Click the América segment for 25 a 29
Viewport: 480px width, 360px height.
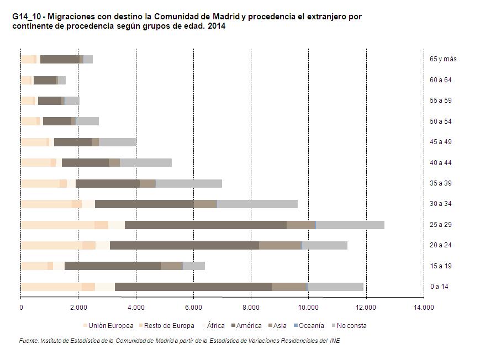(x=205, y=225)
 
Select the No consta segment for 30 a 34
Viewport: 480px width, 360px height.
(x=257, y=204)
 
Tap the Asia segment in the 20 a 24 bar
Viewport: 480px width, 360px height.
(x=279, y=245)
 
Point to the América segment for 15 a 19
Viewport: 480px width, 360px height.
(x=112, y=266)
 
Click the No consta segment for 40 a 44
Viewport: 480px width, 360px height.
(x=146, y=162)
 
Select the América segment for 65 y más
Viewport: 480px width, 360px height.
(x=60, y=59)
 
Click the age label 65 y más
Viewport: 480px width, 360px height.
(x=443, y=59)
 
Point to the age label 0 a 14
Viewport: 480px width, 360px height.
(x=440, y=287)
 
